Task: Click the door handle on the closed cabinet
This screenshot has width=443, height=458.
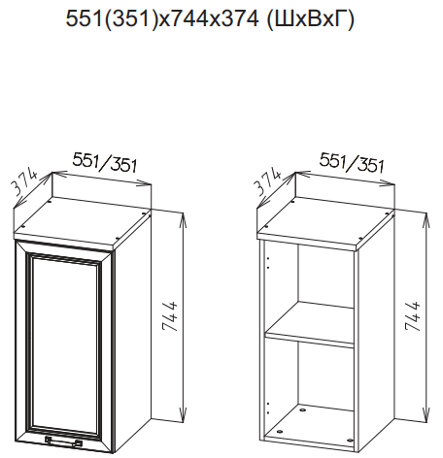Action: coord(63,442)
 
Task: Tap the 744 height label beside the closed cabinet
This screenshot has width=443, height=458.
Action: coord(170,316)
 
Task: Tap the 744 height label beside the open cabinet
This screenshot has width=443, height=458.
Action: coord(413,316)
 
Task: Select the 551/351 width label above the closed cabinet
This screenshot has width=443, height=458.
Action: coord(105,162)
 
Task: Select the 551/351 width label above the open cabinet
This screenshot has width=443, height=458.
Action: coord(352,162)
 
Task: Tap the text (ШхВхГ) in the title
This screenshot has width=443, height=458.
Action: coord(310,19)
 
